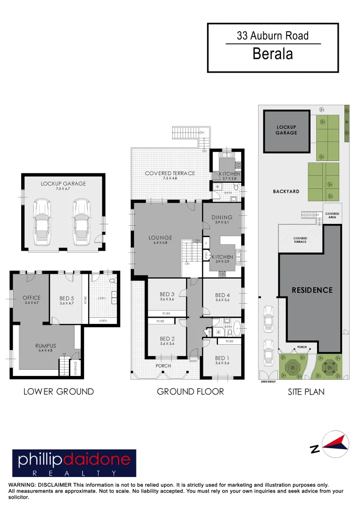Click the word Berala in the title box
point(273,53)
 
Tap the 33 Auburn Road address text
point(273,35)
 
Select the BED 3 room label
point(167,294)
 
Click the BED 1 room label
point(222,357)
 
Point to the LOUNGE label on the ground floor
point(160,238)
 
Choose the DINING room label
point(222,217)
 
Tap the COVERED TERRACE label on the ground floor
point(170,173)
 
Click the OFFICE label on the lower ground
point(32,297)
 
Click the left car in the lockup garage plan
point(42,222)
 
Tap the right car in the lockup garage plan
point(82,222)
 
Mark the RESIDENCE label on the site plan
point(312,290)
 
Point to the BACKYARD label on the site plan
point(286,192)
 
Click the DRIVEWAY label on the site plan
point(268,382)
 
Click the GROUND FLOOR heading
point(190,391)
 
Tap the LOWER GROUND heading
point(59,391)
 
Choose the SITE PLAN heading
point(306,391)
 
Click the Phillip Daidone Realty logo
point(74,463)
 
